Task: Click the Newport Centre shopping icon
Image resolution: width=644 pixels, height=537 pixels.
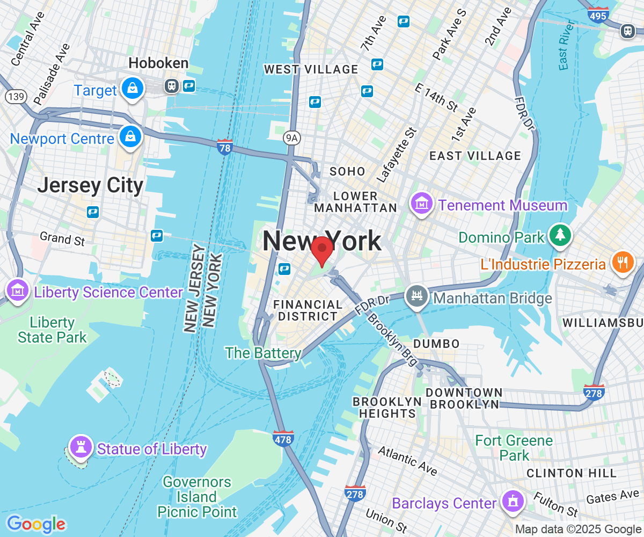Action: click(x=130, y=136)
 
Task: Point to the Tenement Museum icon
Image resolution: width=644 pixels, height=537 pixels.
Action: click(x=422, y=204)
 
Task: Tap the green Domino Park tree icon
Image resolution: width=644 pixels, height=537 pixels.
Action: click(x=560, y=235)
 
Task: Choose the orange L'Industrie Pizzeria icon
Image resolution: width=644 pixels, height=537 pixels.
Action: click(x=622, y=263)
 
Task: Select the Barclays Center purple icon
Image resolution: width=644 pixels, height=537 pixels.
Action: click(x=513, y=502)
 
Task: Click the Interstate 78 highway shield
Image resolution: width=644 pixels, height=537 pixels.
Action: click(x=225, y=147)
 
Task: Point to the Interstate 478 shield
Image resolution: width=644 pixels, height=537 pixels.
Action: click(x=283, y=439)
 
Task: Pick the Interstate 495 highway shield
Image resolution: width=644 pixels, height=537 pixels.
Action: click(x=598, y=14)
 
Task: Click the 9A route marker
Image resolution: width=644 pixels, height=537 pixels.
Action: click(x=291, y=139)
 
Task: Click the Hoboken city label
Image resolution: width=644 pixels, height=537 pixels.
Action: click(x=158, y=63)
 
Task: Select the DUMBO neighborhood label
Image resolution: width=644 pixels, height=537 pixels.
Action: click(x=436, y=344)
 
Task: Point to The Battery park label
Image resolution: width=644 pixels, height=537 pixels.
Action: click(x=263, y=353)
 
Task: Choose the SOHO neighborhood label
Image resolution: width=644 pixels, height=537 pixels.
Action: click(x=347, y=172)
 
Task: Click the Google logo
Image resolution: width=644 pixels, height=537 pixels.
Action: click(x=35, y=524)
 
